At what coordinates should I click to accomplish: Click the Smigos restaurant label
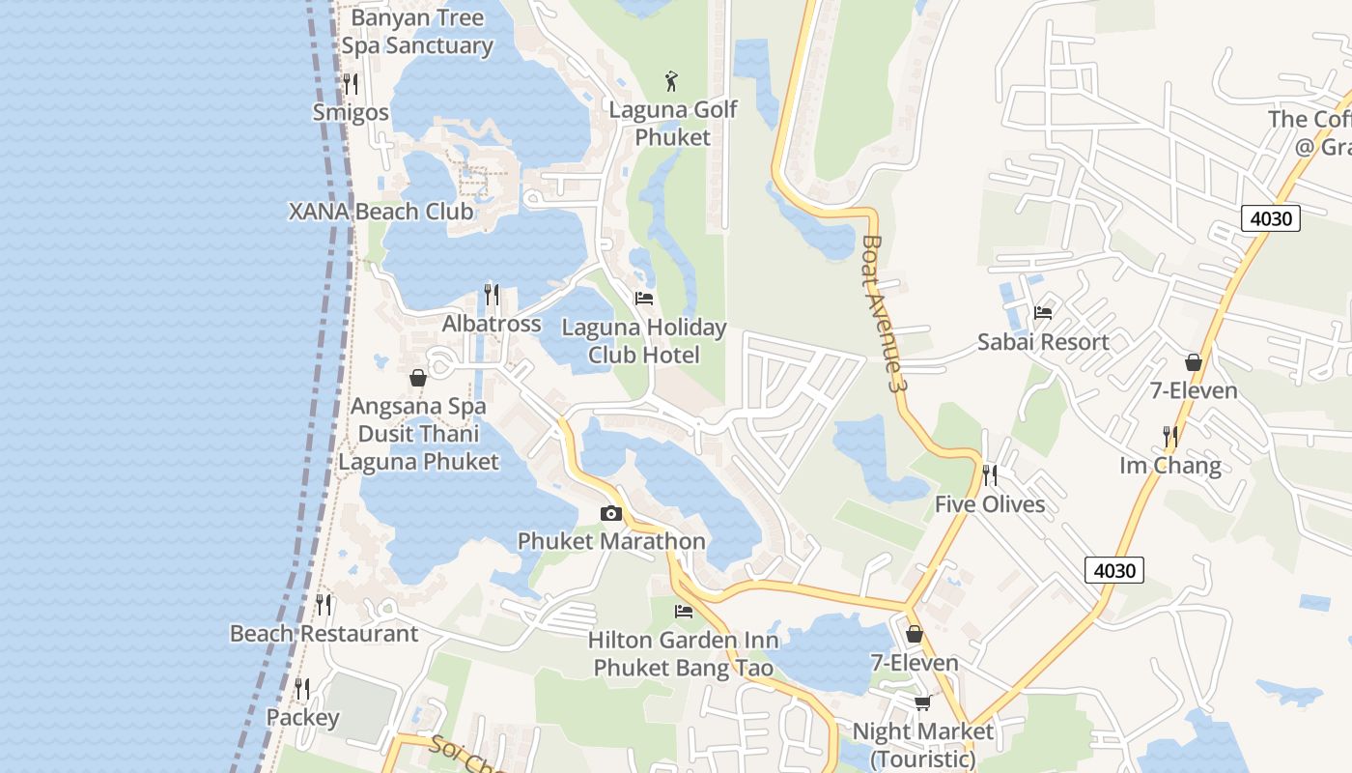(351, 113)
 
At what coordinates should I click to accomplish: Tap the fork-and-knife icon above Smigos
(351, 84)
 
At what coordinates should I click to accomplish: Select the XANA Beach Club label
(381, 212)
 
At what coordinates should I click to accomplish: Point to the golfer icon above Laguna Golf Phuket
(672, 81)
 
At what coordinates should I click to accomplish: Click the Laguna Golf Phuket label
(673, 124)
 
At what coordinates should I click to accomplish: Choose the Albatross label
(492, 324)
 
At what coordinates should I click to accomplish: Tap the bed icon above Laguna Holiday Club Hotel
(644, 299)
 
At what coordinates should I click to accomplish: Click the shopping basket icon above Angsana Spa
(418, 378)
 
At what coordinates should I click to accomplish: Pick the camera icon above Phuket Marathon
(611, 513)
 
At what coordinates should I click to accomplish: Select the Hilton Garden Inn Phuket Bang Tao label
(684, 654)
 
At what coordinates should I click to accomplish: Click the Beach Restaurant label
(324, 634)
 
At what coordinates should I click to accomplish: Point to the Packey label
(302, 718)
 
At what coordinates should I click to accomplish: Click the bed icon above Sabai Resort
(1043, 313)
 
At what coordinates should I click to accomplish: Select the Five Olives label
(990, 504)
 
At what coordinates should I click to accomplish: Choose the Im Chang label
(1170, 466)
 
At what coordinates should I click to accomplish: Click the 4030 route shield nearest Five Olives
(1113, 570)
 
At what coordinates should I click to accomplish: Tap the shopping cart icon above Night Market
(922, 702)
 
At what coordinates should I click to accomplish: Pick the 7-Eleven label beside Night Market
(915, 663)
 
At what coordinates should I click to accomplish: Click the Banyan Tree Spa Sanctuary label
(417, 32)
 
